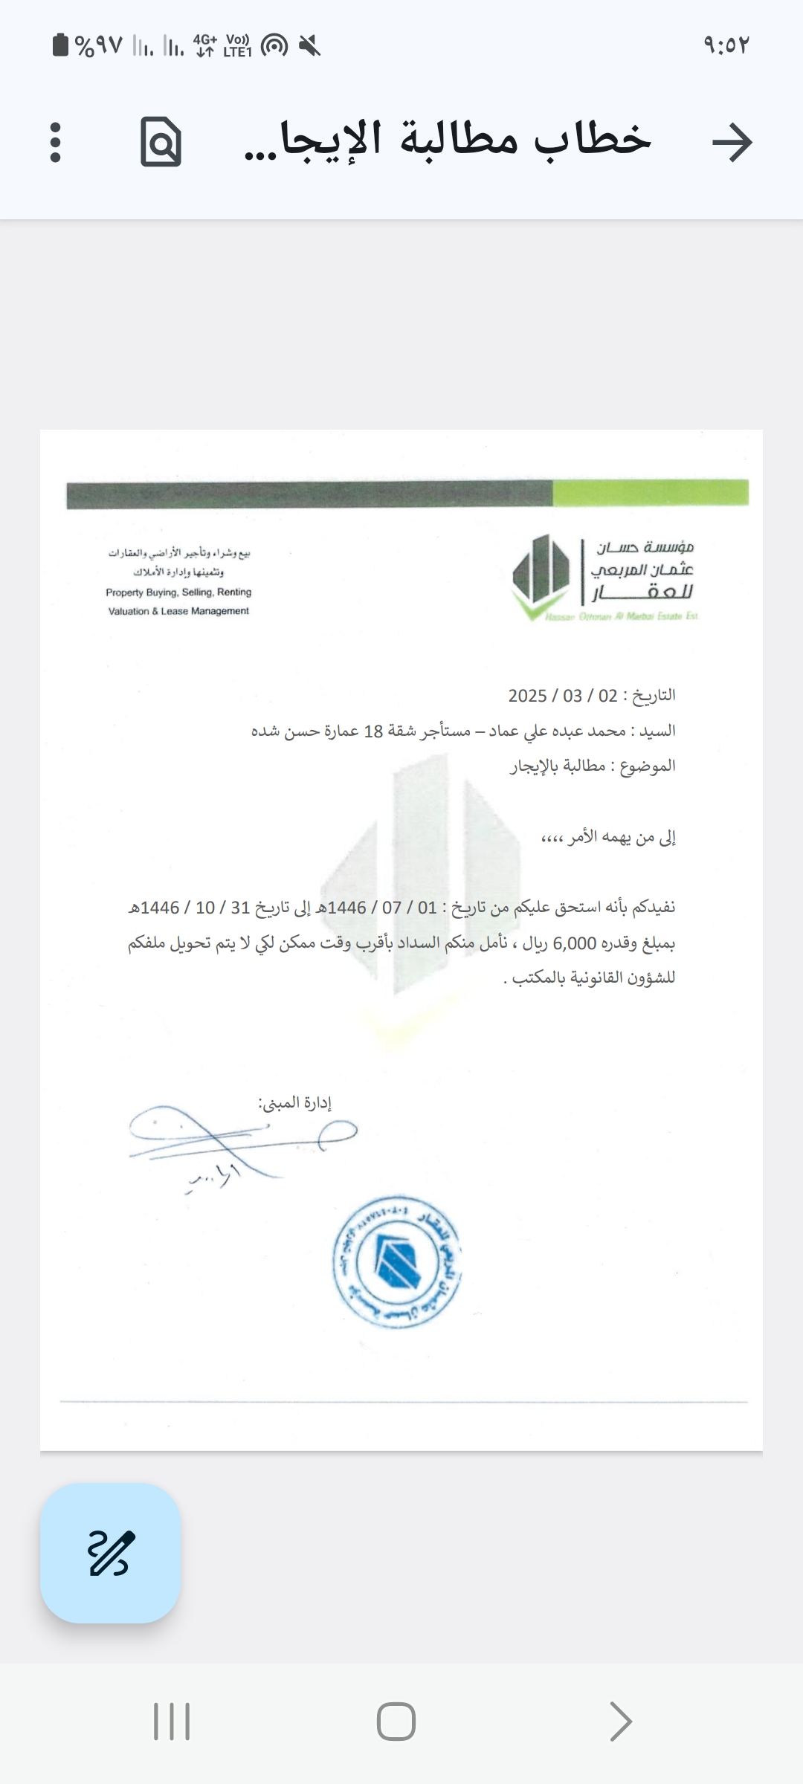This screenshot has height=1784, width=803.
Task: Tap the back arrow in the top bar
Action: (732, 141)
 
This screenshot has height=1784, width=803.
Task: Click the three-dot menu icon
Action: (55, 142)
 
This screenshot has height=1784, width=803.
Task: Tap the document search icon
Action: (161, 141)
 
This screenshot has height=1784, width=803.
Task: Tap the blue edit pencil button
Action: (110, 1553)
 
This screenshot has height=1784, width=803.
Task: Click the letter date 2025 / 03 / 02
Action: (563, 696)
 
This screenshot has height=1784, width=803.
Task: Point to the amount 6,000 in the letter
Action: (575, 943)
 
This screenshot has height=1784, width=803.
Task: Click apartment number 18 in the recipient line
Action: (373, 731)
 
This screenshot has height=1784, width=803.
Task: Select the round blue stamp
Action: (396, 1261)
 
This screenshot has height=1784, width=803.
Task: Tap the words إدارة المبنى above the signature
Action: (295, 1102)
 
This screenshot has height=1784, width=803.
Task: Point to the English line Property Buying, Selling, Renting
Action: (178, 592)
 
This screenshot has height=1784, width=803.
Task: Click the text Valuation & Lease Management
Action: (178, 611)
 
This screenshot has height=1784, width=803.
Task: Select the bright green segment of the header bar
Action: (650, 493)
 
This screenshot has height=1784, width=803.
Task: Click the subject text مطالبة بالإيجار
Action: (558, 766)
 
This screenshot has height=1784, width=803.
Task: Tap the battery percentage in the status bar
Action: (98, 46)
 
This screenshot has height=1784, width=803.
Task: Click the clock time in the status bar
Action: (726, 45)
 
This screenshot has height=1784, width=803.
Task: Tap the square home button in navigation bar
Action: (396, 1722)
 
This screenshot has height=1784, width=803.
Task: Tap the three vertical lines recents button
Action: (172, 1722)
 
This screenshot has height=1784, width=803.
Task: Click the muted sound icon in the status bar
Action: (309, 46)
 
